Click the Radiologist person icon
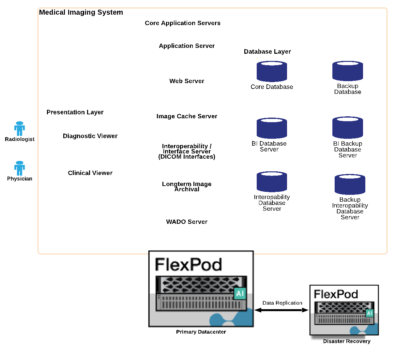20,128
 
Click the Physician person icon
20,168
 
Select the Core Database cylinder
272,71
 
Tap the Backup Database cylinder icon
347,71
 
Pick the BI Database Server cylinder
272,128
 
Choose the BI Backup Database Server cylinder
347,127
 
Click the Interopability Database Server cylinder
272,181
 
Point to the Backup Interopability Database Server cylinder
350,184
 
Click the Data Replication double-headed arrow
281,310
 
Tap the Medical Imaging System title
81,12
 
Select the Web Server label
187,81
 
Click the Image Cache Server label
187,116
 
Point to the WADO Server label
187,222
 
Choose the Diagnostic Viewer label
90,136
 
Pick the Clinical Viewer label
90,173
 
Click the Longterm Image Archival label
187,187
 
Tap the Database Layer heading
267,51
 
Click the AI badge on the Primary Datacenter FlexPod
240,294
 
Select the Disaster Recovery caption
346,341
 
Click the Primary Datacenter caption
201,332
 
